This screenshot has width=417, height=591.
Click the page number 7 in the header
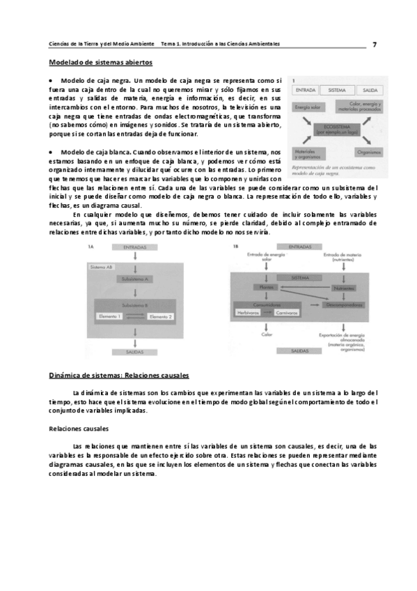tap(375, 44)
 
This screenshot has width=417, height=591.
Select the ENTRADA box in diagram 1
tap(307, 91)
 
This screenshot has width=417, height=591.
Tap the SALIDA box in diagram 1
tap(370, 91)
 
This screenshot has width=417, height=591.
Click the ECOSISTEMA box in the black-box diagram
tap(338, 129)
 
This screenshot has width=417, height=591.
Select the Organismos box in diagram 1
tap(368, 151)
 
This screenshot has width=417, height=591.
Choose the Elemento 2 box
tap(161, 317)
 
